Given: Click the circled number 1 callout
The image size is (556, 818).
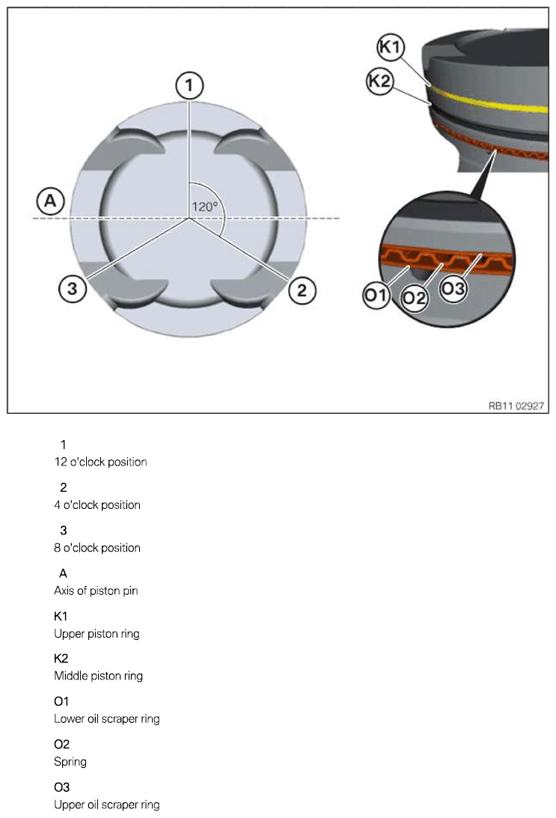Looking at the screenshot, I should [x=189, y=86].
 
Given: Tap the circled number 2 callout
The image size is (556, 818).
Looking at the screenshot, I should [x=301, y=290].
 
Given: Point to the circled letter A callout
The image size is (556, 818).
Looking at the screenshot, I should [x=50, y=200].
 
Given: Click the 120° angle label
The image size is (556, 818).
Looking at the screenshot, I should [x=204, y=207].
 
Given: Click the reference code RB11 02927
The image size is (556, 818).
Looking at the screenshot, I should [x=516, y=405].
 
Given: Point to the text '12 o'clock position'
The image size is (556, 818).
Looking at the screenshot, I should [x=100, y=462].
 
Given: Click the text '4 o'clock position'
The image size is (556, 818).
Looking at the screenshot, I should [x=97, y=504].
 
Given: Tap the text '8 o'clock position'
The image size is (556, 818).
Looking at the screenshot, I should [x=97, y=548].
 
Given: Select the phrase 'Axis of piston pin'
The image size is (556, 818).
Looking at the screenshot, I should [x=96, y=590].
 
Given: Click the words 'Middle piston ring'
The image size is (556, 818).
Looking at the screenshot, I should [x=98, y=676].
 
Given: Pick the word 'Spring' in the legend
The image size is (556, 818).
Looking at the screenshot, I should [x=70, y=762].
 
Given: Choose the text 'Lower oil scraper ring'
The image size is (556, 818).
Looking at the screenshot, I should [x=106, y=719].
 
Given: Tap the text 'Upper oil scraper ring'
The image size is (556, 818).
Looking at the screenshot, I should [x=106, y=805].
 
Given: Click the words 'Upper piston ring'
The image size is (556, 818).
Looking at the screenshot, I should [x=97, y=634].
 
